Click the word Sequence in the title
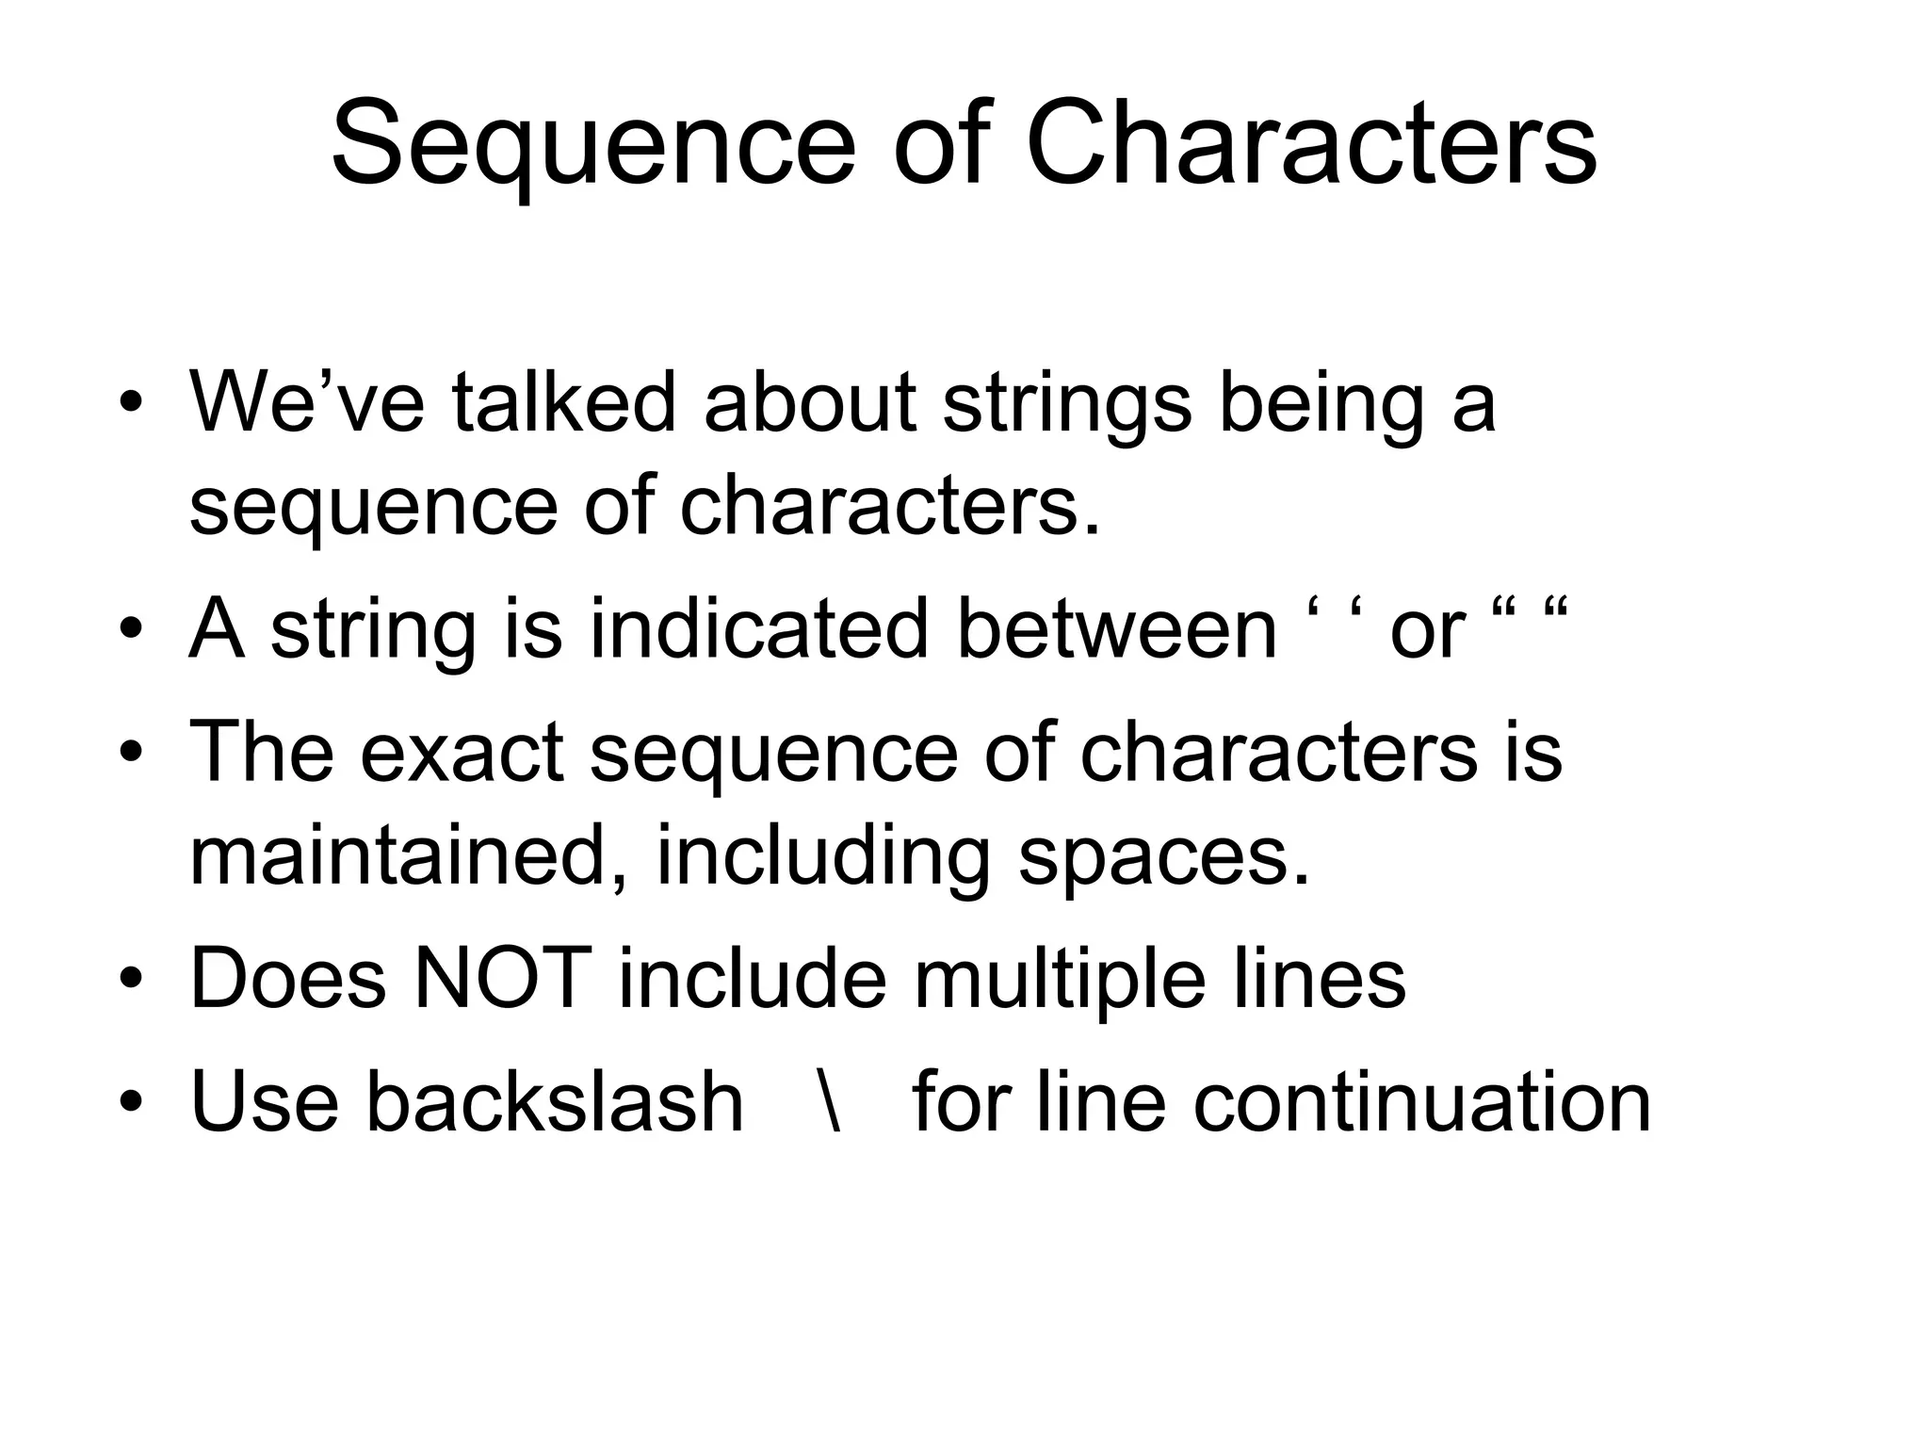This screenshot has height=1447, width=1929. (592, 147)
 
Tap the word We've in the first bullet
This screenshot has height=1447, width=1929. (307, 402)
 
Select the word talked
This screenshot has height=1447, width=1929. (563, 402)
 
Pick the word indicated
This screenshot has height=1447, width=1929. (759, 628)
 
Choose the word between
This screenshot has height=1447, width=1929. (1117, 628)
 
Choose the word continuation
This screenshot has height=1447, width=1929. (1422, 1101)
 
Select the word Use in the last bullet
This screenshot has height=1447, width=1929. (265, 1101)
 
